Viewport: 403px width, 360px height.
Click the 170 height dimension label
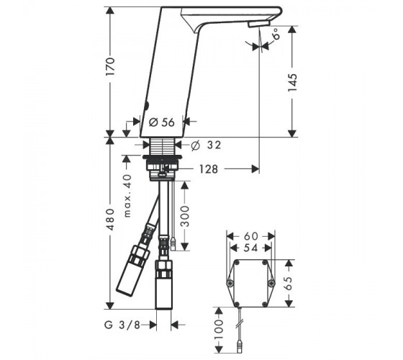point(110,66)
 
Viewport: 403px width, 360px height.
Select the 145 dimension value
point(292,82)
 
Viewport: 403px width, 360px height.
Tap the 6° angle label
point(276,33)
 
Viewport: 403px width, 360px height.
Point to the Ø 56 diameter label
point(162,122)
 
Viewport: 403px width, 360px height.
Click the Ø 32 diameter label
point(206,145)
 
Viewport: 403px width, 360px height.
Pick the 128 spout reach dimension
point(209,169)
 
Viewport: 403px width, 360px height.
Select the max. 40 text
point(127,196)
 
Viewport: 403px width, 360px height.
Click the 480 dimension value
point(111,220)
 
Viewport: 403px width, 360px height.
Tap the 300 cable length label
point(184,216)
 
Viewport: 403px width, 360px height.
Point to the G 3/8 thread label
point(122,325)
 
